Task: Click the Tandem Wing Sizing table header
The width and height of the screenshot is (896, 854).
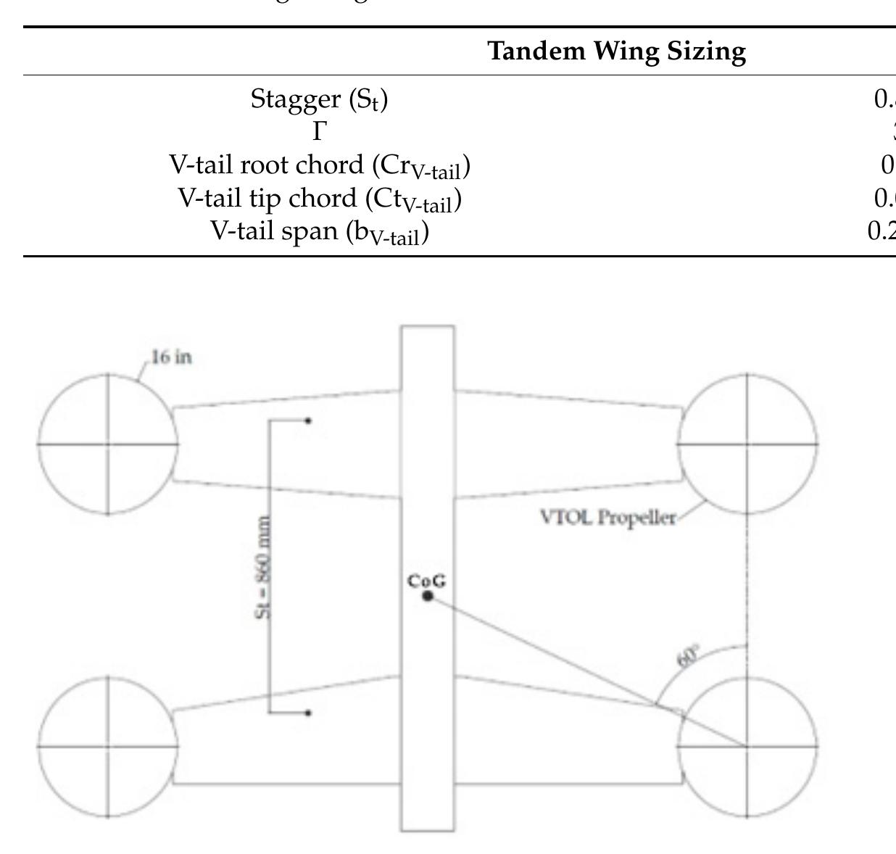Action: [616, 51]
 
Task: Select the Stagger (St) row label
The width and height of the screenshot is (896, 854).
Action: [319, 99]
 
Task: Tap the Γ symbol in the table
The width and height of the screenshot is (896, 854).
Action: [320, 132]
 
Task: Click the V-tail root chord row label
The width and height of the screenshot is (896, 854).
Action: [320, 166]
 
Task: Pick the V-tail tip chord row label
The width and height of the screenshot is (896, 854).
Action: [320, 199]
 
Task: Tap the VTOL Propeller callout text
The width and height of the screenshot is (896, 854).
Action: [608, 518]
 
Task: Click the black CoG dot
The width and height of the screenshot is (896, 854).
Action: [428, 596]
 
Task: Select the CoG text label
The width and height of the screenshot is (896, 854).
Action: [427, 581]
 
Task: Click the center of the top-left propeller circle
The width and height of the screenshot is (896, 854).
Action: [108, 444]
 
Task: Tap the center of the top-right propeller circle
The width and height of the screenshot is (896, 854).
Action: [747, 444]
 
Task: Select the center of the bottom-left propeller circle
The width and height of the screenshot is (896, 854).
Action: [108, 746]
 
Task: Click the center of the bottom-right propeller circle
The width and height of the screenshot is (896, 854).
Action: [747, 746]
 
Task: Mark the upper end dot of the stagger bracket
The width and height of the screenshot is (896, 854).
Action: [308, 420]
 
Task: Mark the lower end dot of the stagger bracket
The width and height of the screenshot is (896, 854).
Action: [308, 713]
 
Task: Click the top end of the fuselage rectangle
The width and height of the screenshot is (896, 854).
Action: [428, 328]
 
